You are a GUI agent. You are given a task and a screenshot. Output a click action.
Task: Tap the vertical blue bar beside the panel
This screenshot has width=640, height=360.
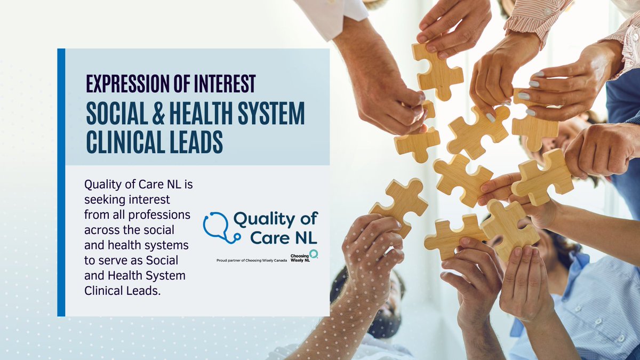(61, 181)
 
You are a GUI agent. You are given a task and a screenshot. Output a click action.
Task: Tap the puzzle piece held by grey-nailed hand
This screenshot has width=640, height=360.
(533, 120)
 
